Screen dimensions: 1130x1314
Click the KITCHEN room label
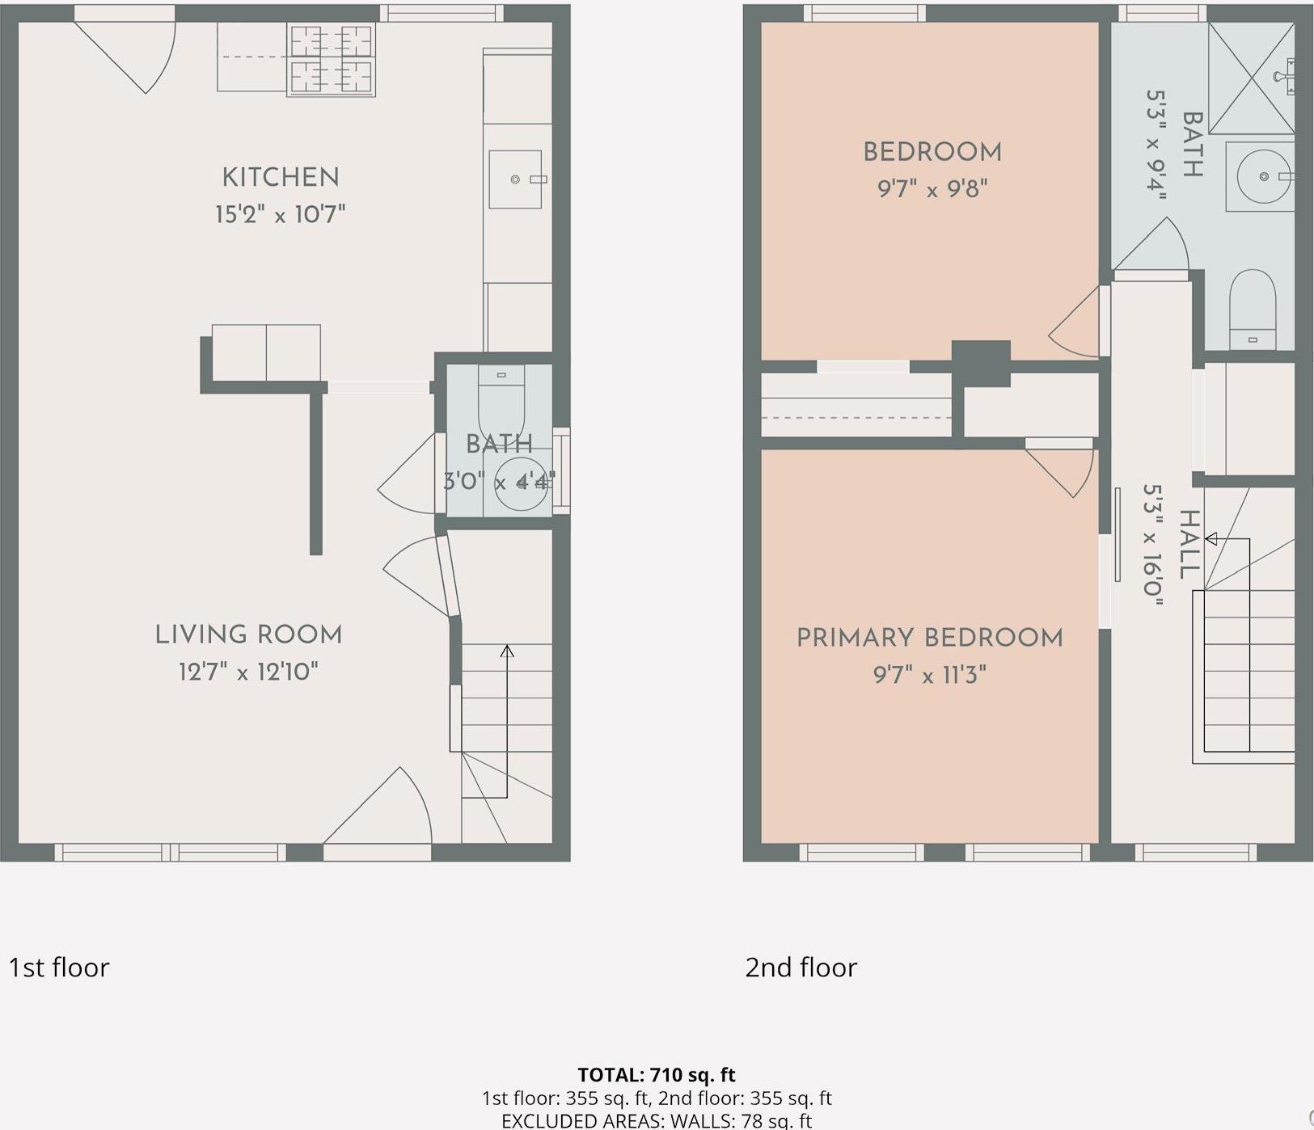coord(280,178)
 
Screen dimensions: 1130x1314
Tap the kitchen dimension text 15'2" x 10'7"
coord(280,215)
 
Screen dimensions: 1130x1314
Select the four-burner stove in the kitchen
coord(332,60)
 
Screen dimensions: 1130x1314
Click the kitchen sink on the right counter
coord(515,179)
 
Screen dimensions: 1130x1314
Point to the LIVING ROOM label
coord(248,635)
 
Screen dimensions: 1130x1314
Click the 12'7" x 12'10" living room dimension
coord(248,672)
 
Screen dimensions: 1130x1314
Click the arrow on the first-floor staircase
coord(507,651)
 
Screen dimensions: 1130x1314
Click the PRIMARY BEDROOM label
coord(929,638)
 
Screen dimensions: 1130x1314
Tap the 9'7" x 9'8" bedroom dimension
coord(932,189)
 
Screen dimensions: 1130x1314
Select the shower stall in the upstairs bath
coord(1251,78)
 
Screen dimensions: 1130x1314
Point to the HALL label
coord(1188,544)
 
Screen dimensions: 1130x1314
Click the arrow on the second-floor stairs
coord(1211,539)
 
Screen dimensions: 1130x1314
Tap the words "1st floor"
coord(58,968)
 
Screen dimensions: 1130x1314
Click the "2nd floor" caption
coord(801,968)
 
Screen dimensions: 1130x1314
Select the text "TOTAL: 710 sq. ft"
coord(656,1075)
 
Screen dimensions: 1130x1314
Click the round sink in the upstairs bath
coord(1262,176)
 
